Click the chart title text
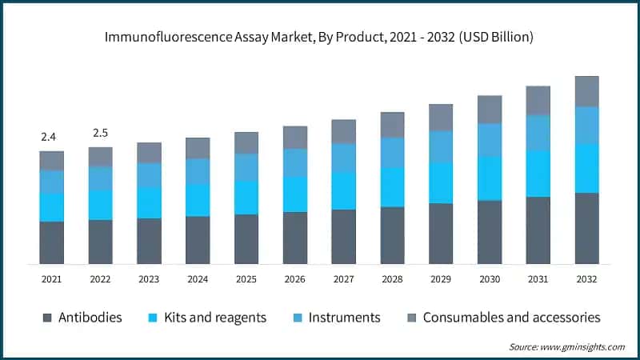(x=320, y=37)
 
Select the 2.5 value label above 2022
(x=101, y=132)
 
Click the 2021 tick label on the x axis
(x=52, y=278)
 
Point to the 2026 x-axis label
(x=295, y=278)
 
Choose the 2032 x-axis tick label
(x=587, y=278)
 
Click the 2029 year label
(x=441, y=278)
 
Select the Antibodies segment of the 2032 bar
(x=587, y=228)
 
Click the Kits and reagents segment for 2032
(x=587, y=168)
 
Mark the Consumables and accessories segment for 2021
(x=52, y=160)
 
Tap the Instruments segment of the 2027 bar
(x=344, y=158)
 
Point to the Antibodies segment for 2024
(x=198, y=240)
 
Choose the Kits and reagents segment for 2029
(x=441, y=182)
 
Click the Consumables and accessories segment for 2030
(x=490, y=110)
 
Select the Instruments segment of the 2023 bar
(x=149, y=175)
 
